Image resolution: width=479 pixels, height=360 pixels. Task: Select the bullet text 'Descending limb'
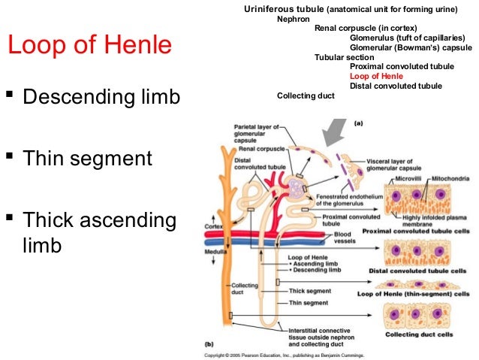[x=102, y=98]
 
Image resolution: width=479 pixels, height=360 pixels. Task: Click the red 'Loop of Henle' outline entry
[x=376, y=76]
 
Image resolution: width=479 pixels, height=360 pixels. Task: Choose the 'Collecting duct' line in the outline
[x=306, y=95]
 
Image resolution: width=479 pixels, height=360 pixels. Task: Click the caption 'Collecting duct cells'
[x=426, y=334]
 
